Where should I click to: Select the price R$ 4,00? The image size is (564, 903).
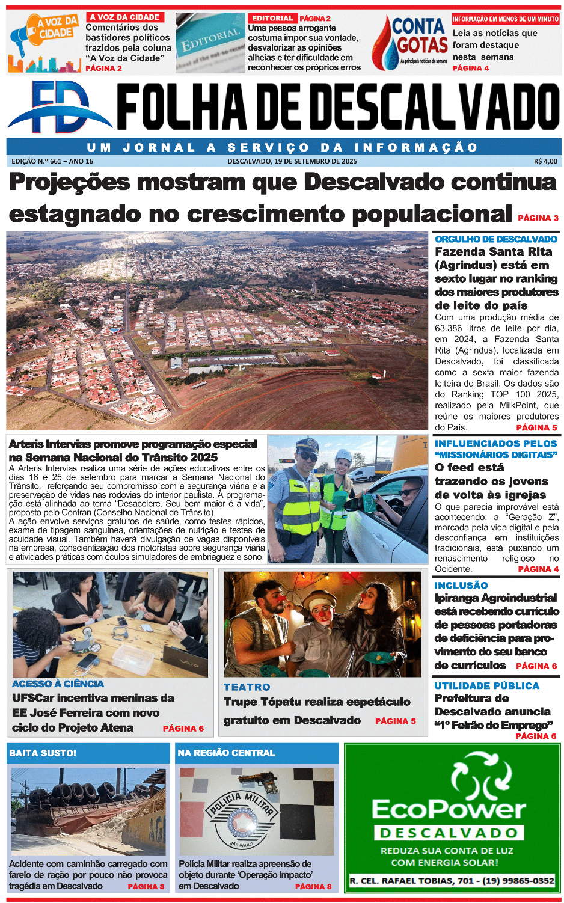click(x=545, y=161)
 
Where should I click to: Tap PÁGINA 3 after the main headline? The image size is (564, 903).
click(x=538, y=218)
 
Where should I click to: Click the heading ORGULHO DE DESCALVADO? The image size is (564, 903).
click(x=496, y=239)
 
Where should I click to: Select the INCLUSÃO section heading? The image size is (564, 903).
click(x=461, y=585)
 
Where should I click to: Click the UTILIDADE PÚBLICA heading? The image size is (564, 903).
click(x=486, y=685)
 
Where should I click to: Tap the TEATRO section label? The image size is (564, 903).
click(x=247, y=687)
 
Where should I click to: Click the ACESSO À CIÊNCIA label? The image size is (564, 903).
click(x=58, y=684)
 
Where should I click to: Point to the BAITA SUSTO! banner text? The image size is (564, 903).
click(x=43, y=753)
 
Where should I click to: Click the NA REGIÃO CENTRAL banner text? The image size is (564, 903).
click(x=226, y=753)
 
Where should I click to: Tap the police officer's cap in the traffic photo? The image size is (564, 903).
click(x=307, y=445)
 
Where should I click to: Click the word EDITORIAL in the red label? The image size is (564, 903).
click(x=272, y=19)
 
